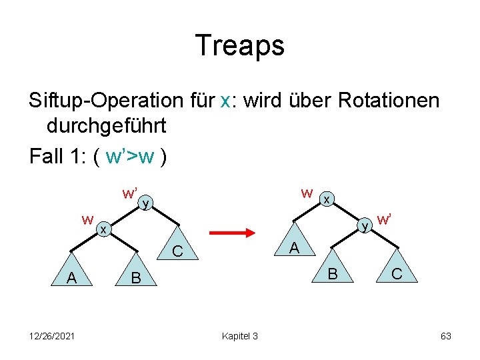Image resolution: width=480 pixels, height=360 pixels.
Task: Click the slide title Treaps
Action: [x=240, y=45]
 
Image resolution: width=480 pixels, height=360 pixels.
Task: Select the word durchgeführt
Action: [x=107, y=125]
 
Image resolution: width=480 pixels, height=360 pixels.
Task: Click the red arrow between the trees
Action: [x=233, y=233]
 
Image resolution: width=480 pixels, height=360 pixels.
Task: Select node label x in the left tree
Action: [x=103, y=229]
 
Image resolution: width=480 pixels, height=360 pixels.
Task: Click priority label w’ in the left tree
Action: [x=129, y=193]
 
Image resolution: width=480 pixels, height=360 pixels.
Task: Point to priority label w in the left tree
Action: [x=87, y=219]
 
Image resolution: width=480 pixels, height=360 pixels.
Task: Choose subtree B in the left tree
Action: [x=136, y=277]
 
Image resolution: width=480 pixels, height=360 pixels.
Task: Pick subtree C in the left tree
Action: [x=177, y=251]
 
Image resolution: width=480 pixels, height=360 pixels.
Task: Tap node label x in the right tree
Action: [x=326, y=199]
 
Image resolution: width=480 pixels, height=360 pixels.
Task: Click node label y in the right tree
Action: [x=365, y=227]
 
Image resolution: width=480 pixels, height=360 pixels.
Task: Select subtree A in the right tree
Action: [x=293, y=249]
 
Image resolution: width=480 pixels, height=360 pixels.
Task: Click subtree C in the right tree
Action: [x=396, y=273]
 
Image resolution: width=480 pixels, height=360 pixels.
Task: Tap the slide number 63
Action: [x=446, y=335]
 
